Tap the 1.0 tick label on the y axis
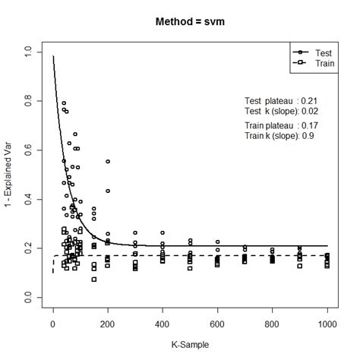coord(28,52)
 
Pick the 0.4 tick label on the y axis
coord(28,200)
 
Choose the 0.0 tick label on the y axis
coord(28,298)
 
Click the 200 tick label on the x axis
coord(108,324)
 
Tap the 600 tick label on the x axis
coord(218,324)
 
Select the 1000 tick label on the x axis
coord(327,324)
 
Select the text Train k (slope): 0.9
coord(279,135)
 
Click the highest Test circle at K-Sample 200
coord(108,162)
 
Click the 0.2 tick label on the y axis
coord(28,249)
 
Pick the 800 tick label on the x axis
coord(273,324)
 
